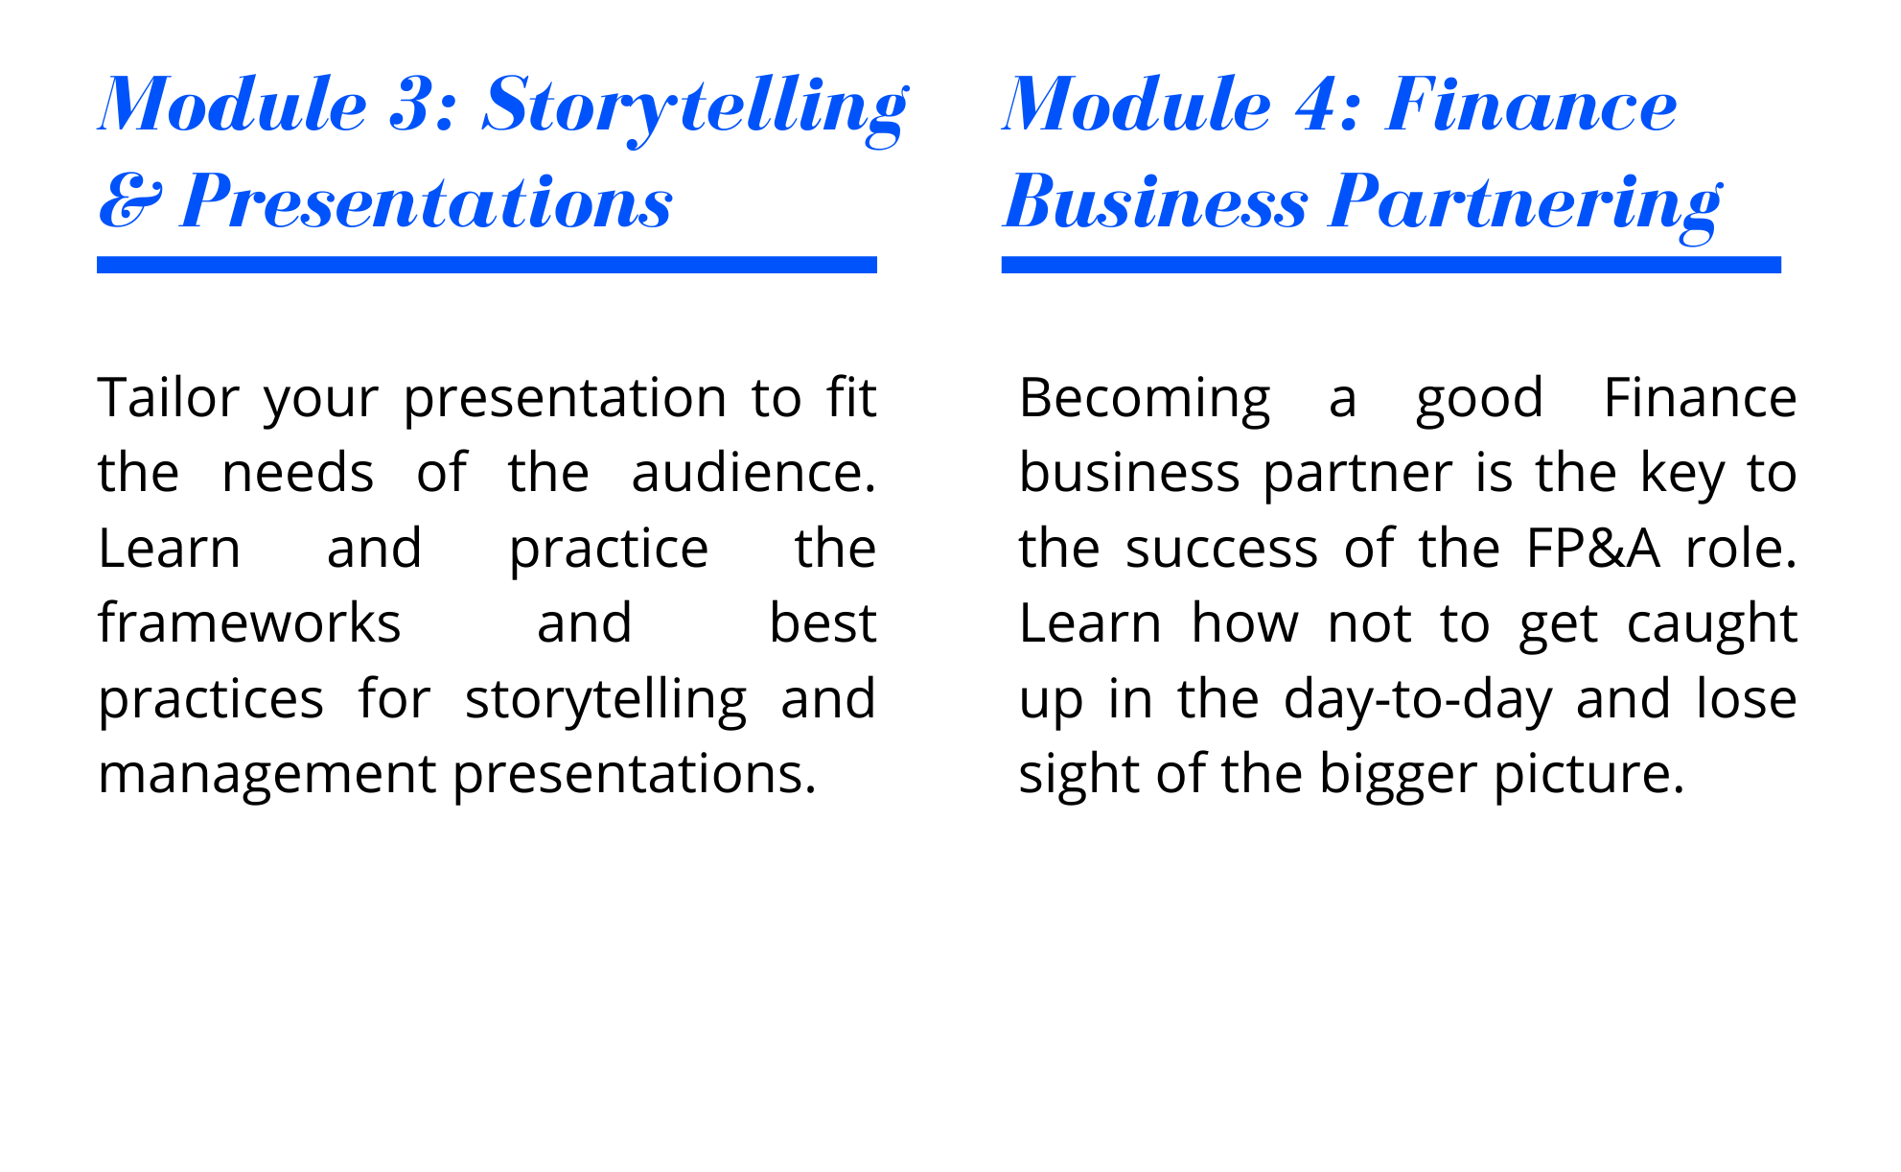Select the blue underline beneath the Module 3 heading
(x=487, y=265)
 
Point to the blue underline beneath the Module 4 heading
(x=1391, y=265)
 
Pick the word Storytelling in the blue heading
(x=695, y=108)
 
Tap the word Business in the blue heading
(x=1155, y=201)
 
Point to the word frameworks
(x=249, y=622)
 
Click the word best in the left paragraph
(x=823, y=622)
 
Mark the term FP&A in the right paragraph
(x=1592, y=548)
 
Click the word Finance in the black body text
(x=1700, y=397)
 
